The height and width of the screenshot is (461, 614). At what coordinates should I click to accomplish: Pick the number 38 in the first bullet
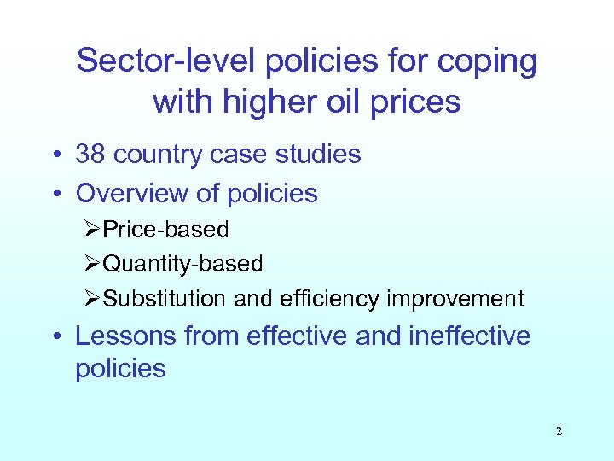[90, 155]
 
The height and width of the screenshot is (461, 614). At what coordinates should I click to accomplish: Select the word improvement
[455, 299]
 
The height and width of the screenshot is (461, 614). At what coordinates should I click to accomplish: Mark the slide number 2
[559, 431]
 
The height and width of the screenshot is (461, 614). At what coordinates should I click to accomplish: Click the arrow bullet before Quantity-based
[94, 265]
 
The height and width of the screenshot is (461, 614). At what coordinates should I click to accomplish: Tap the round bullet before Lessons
[57, 336]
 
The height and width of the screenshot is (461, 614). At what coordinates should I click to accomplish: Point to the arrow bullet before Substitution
[94, 299]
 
